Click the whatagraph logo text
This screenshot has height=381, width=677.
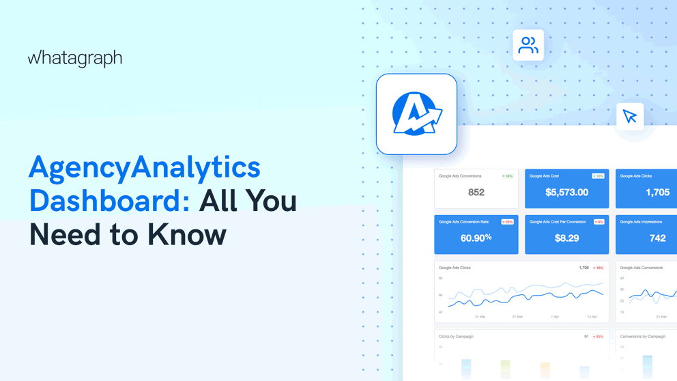(75, 59)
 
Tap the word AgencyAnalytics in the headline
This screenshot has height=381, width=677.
(145, 168)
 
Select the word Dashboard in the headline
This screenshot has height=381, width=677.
(109, 201)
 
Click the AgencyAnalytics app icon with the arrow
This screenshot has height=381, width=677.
(416, 114)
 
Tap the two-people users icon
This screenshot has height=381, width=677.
(528, 45)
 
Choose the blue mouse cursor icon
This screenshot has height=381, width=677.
(629, 116)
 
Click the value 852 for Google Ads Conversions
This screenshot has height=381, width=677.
(476, 193)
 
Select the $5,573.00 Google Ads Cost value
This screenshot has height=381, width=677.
(566, 193)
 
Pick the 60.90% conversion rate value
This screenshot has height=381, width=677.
(476, 238)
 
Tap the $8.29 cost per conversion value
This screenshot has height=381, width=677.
(566, 238)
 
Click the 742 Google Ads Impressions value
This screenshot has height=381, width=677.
(657, 238)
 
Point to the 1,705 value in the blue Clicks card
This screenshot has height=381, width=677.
(657, 193)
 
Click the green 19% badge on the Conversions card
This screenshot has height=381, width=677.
(507, 176)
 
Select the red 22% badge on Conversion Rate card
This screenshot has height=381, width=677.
(507, 222)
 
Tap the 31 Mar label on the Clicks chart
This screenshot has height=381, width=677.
(517, 317)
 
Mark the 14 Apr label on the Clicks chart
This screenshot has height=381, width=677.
(592, 317)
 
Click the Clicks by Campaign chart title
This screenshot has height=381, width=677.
(456, 337)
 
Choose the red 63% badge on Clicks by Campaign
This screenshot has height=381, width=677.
(598, 337)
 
